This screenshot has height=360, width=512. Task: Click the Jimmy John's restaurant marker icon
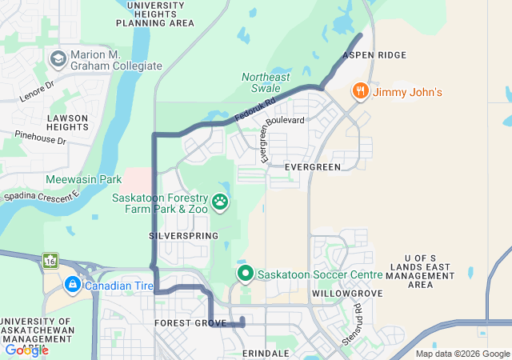pyautogui.click(x=361, y=91)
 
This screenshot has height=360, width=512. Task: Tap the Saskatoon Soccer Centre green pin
pyautogui.click(x=244, y=274)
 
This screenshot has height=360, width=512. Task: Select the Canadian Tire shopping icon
pyautogui.click(x=72, y=285)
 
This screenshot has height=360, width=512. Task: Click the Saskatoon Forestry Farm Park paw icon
pyautogui.click(x=220, y=201)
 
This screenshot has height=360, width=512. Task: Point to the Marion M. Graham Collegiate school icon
pyautogui.click(x=58, y=59)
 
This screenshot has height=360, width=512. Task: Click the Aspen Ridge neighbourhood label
pyautogui.click(x=374, y=55)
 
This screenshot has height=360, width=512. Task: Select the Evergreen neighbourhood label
pyautogui.click(x=313, y=166)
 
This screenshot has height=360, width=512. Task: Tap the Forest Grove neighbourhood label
pyautogui.click(x=186, y=323)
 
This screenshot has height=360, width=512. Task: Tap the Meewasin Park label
pyautogui.click(x=83, y=179)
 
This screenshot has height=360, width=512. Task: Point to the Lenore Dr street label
pyautogui.click(x=38, y=85)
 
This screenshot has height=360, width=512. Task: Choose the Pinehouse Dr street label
pyautogui.click(x=40, y=141)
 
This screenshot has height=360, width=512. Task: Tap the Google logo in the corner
pyautogui.click(x=26, y=350)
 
